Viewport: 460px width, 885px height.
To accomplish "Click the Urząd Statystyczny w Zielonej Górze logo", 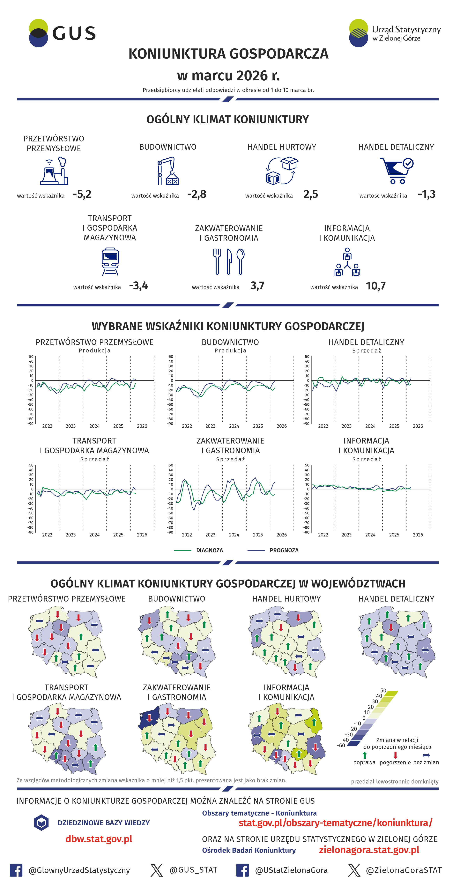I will click(394, 33).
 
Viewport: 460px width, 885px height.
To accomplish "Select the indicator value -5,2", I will click(82, 194).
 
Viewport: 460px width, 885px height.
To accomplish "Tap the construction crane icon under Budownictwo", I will click(168, 171).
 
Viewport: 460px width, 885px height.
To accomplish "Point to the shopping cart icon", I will click(396, 170).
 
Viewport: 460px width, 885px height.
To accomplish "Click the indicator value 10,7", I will click(375, 286).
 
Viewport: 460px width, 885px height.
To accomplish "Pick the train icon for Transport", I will click(110, 262).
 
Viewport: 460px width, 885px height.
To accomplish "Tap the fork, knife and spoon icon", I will click(229, 262).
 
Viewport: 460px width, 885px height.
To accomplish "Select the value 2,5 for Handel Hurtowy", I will click(310, 194).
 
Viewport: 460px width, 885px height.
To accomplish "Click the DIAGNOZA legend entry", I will click(209, 550).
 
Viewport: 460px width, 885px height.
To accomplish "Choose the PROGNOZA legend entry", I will click(284, 550).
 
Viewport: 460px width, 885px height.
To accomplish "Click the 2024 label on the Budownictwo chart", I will click(234, 426).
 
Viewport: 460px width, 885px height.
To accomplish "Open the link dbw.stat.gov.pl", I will click(99, 839).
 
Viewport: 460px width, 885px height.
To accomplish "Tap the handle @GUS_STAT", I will click(193, 870).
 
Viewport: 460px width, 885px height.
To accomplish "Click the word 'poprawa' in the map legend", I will click(364, 762).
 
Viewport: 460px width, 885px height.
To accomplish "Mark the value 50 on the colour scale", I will click(383, 690).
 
